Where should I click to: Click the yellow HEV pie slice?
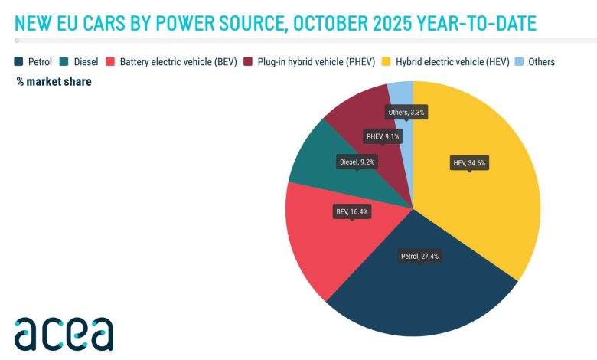click(490, 199)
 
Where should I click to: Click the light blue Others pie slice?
click(402, 96)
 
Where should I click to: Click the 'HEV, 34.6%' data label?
click(468, 162)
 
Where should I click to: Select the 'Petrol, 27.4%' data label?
click(420, 256)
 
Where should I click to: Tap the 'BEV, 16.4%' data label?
click(352, 211)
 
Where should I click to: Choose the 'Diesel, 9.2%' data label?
click(357, 162)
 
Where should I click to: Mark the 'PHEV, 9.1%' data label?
click(383, 137)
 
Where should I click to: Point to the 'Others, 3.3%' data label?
click(406, 113)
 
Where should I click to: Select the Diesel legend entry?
click(79, 61)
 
